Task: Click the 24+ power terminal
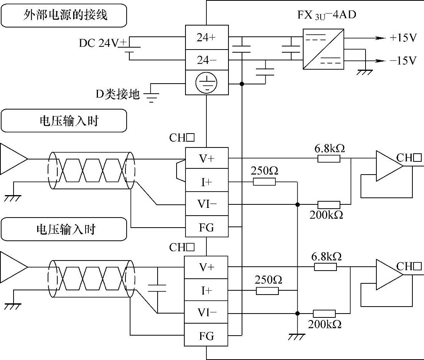click(206, 38)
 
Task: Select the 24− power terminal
click(206, 60)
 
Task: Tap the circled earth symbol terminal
click(206, 82)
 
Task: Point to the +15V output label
click(403, 38)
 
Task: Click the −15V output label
click(403, 61)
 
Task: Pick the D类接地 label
click(117, 94)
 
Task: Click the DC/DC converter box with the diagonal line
click(323, 49)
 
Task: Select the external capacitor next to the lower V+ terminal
click(157, 288)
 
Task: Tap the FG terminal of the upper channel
click(206, 227)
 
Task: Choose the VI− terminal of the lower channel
click(206, 312)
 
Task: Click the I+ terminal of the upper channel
click(206, 182)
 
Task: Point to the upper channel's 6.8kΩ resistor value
click(329, 149)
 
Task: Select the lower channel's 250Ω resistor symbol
click(267, 291)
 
